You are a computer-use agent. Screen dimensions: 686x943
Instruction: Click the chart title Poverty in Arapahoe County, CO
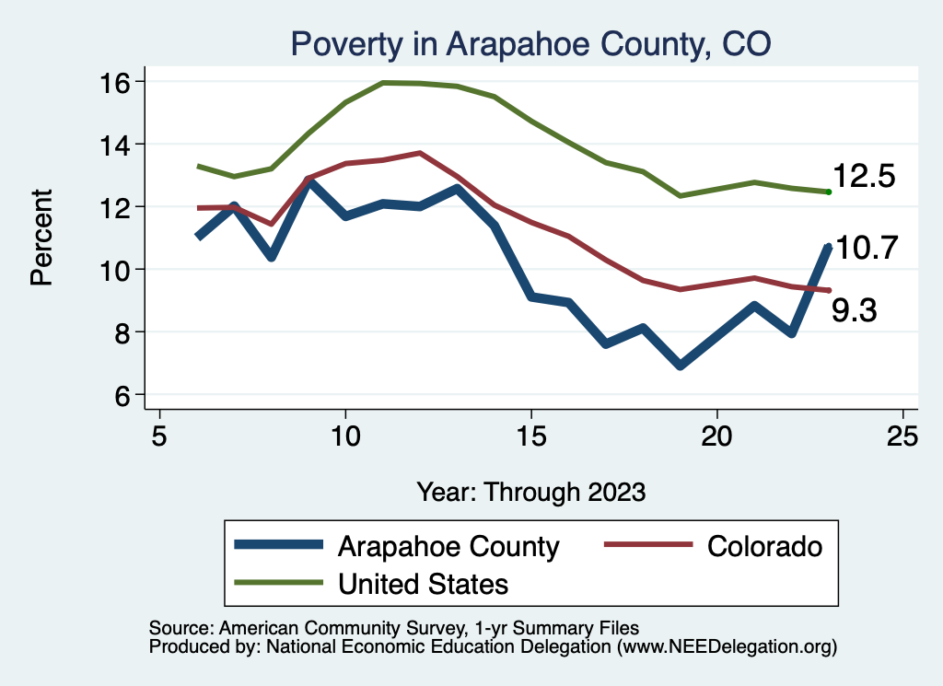tap(530, 43)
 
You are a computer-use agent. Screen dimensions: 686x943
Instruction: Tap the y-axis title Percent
tap(41, 238)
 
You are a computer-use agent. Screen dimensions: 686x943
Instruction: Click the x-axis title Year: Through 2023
tap(530, 491)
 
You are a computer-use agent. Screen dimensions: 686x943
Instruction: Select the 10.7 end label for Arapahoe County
tap(866, 248)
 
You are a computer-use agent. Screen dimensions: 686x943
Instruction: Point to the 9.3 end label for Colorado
tap(854, 311)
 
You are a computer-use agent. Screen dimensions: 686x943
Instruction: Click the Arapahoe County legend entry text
tap(448, 546)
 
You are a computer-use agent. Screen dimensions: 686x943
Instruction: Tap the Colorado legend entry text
tap(764, 546)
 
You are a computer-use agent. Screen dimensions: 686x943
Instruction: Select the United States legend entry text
tap(424, 584)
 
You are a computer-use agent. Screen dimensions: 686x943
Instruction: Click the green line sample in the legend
tap(278, 583)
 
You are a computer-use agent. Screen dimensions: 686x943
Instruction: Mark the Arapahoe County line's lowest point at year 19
tap(681, 366)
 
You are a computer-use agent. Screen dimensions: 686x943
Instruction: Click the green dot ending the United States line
tap(829, 192)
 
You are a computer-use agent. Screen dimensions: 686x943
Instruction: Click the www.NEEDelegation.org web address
tap(728, 646)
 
